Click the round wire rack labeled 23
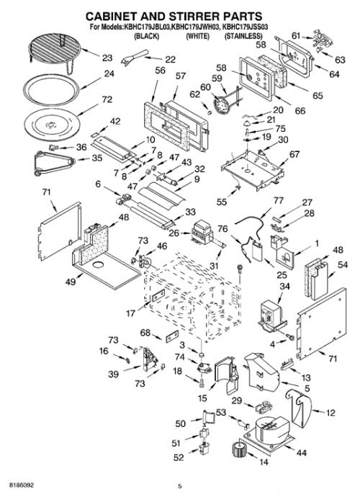point(55,50)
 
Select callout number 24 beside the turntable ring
point(109,74)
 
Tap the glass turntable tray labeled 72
point(53,123)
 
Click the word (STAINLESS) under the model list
point(243,36)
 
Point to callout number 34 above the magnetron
point(284,287)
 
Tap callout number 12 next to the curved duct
point(330,413)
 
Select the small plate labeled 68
point(172,336)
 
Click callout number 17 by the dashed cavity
point(130,313)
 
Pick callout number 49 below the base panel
point(71,281)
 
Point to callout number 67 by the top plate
point(294,154)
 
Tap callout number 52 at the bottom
point(179,457)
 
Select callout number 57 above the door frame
point(180,76)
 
